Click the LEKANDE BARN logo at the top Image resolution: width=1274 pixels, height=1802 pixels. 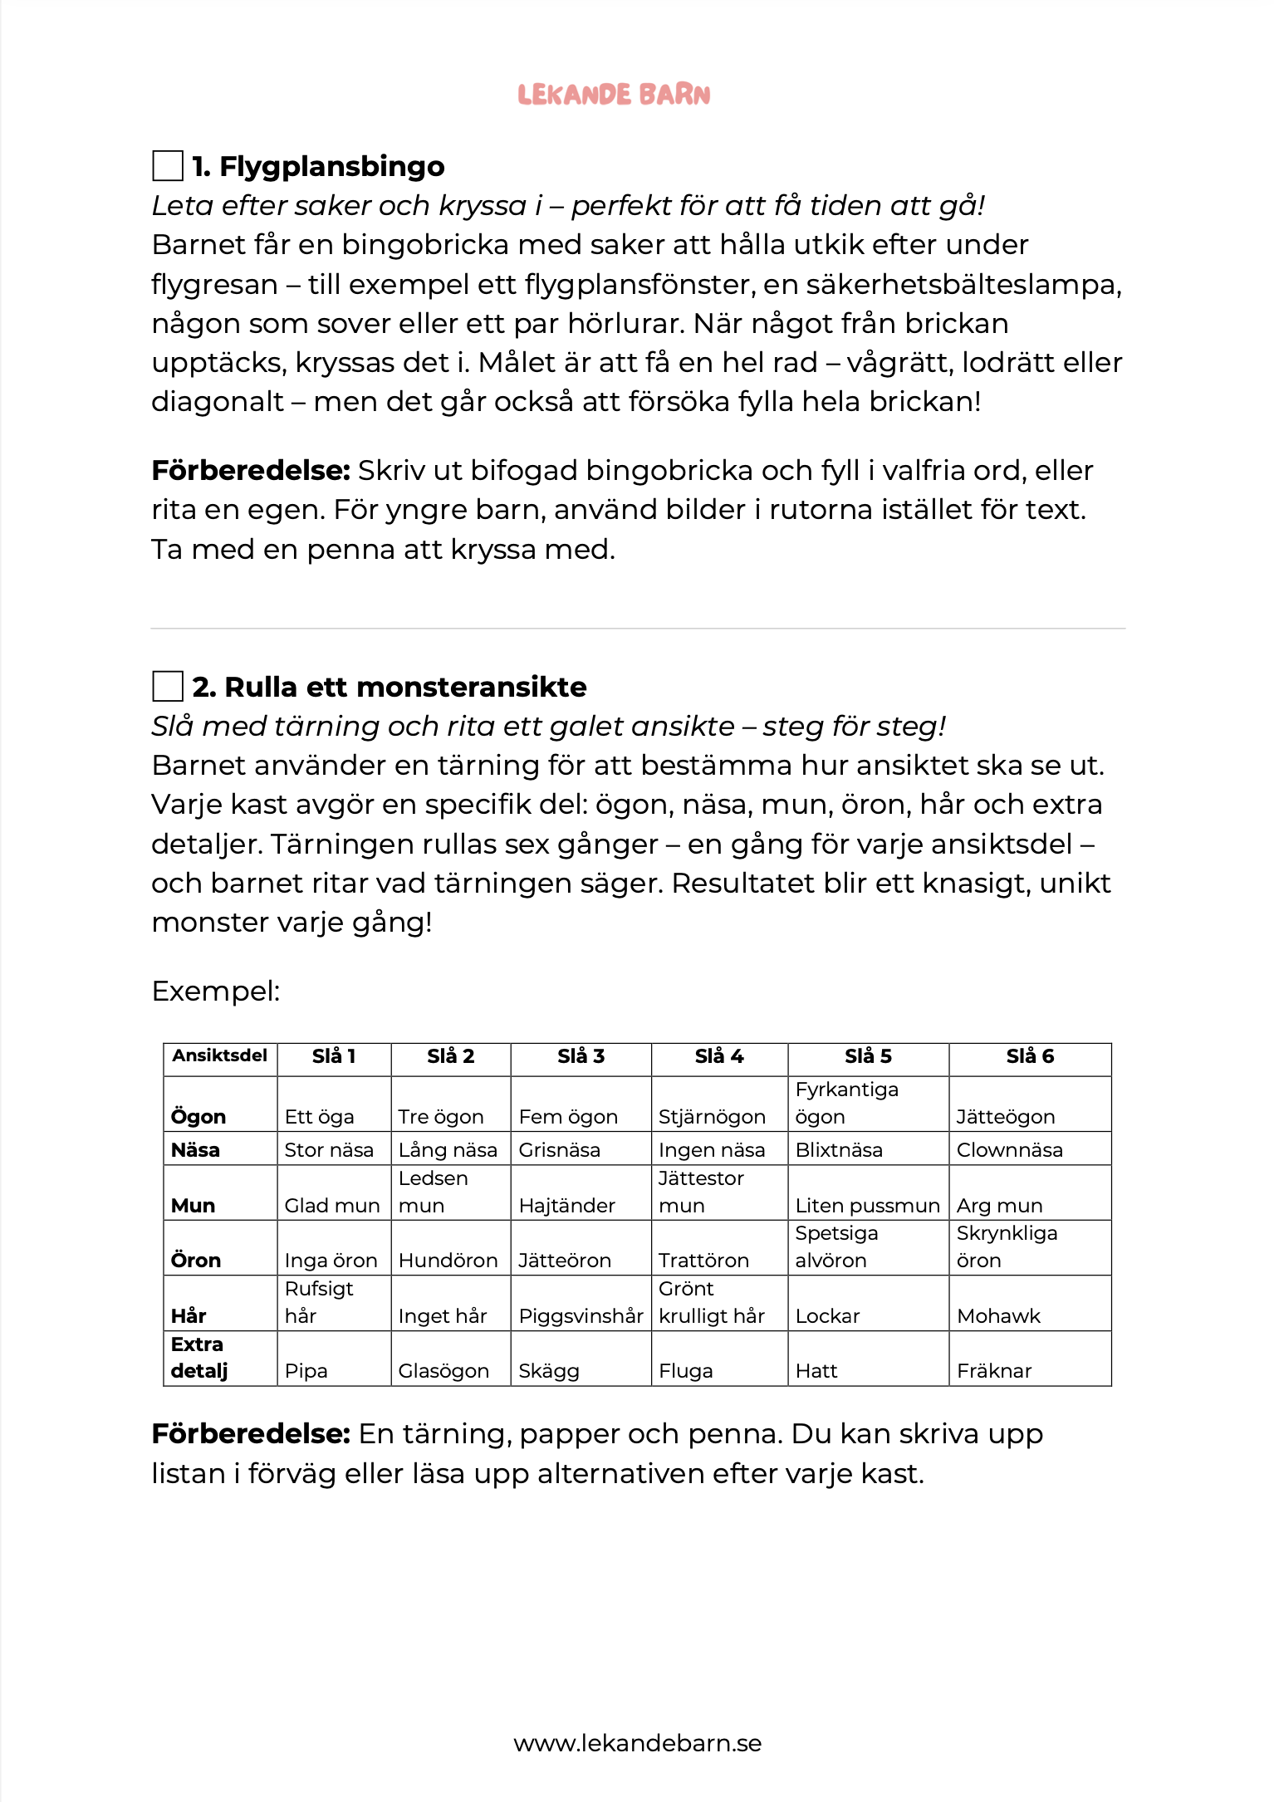pyautogui.click(x=614, y=95)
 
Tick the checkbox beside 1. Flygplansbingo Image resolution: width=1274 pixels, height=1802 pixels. pyautogui.click(x=168, y=165)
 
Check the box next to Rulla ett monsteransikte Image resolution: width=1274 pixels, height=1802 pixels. pyautogui.click(x=168, y=686)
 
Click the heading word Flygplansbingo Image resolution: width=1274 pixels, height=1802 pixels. pyautogui.click(x=331, y=167)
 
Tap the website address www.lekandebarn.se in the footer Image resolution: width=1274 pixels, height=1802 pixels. pyautogui.click(x=637, y=1742)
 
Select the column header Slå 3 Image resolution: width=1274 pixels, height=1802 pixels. pyautogui.click(x=581, y=1056)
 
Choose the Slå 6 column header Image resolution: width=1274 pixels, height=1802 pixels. pyautogui.click(x=1030, y=1056)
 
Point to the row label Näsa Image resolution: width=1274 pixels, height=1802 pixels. pyautogui.click(x=195, y=1150)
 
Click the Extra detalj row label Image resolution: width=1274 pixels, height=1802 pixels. pyautogui.click(x=199, y=1357)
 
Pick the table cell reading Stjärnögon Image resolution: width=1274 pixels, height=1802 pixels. pyautogui.click(x=712, y=1117)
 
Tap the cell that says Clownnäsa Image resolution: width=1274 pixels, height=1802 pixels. pyautogui.click(x=1009, y=1150)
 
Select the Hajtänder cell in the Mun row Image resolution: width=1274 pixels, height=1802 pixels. pyautogui.click(x=567, y=1206)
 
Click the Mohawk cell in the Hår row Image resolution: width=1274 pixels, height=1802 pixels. pyautogui.click(x=998, y=1316)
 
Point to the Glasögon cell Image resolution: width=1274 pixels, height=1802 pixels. pyautogui.click(x=443, y=1371)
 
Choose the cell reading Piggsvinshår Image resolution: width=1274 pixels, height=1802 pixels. pyautogui.click(x=581, y=1316)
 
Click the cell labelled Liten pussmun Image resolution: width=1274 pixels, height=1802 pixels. pyautogui.click(x=867, y=1206)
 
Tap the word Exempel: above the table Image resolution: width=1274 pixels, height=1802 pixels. pyautogui.click(x=216, y=991)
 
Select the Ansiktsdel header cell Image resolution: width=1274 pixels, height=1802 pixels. pyautogui.click(x=220, y=1055)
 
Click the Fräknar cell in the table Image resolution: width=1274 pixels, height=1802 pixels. pyautogui.click(x=994, y=1371)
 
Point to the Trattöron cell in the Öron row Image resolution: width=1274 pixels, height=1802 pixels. pyautogui.click(x=703, y=1261)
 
